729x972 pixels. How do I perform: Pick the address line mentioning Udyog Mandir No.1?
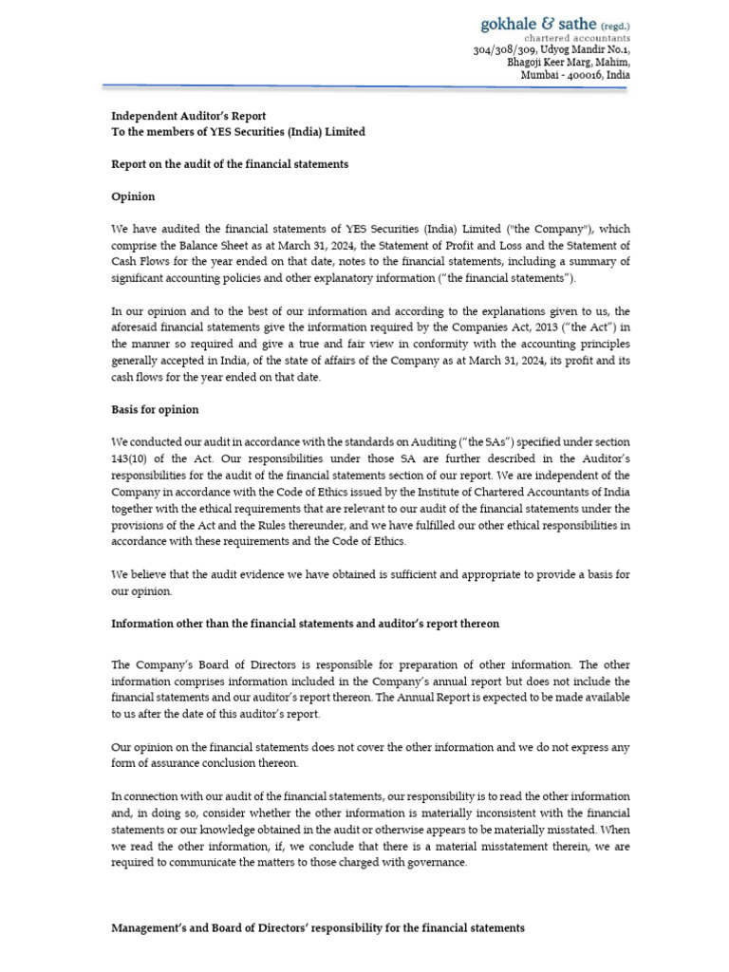(x=551, y=49)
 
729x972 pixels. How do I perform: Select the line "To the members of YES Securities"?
(x=237, y=132)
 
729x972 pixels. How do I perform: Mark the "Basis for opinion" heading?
(x=155, y=409)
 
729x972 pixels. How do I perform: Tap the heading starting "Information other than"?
(x=305, y=624)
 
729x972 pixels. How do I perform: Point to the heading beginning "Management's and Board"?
(x=317, y=927)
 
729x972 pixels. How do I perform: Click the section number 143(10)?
(x=134, y=458)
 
